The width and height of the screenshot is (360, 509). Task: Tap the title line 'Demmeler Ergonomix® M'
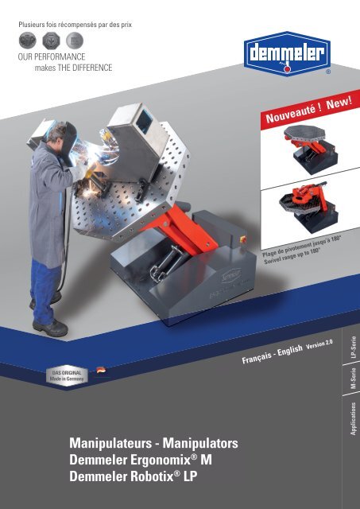[x=141, y=460]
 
